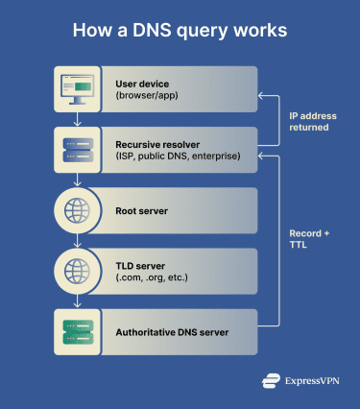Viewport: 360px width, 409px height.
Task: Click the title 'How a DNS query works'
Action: point(180,31)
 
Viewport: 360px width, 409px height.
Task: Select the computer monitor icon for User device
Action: point(78,88)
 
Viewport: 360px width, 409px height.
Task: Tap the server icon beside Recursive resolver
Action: point(78,149)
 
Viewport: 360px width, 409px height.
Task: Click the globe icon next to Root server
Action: point(78,209)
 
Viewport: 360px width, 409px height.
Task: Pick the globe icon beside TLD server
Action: point(78,270)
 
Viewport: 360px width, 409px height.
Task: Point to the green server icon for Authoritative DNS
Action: point(78,331)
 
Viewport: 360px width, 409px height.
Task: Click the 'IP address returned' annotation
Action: point(313,120)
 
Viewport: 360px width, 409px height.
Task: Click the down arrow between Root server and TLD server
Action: point(78,240)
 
